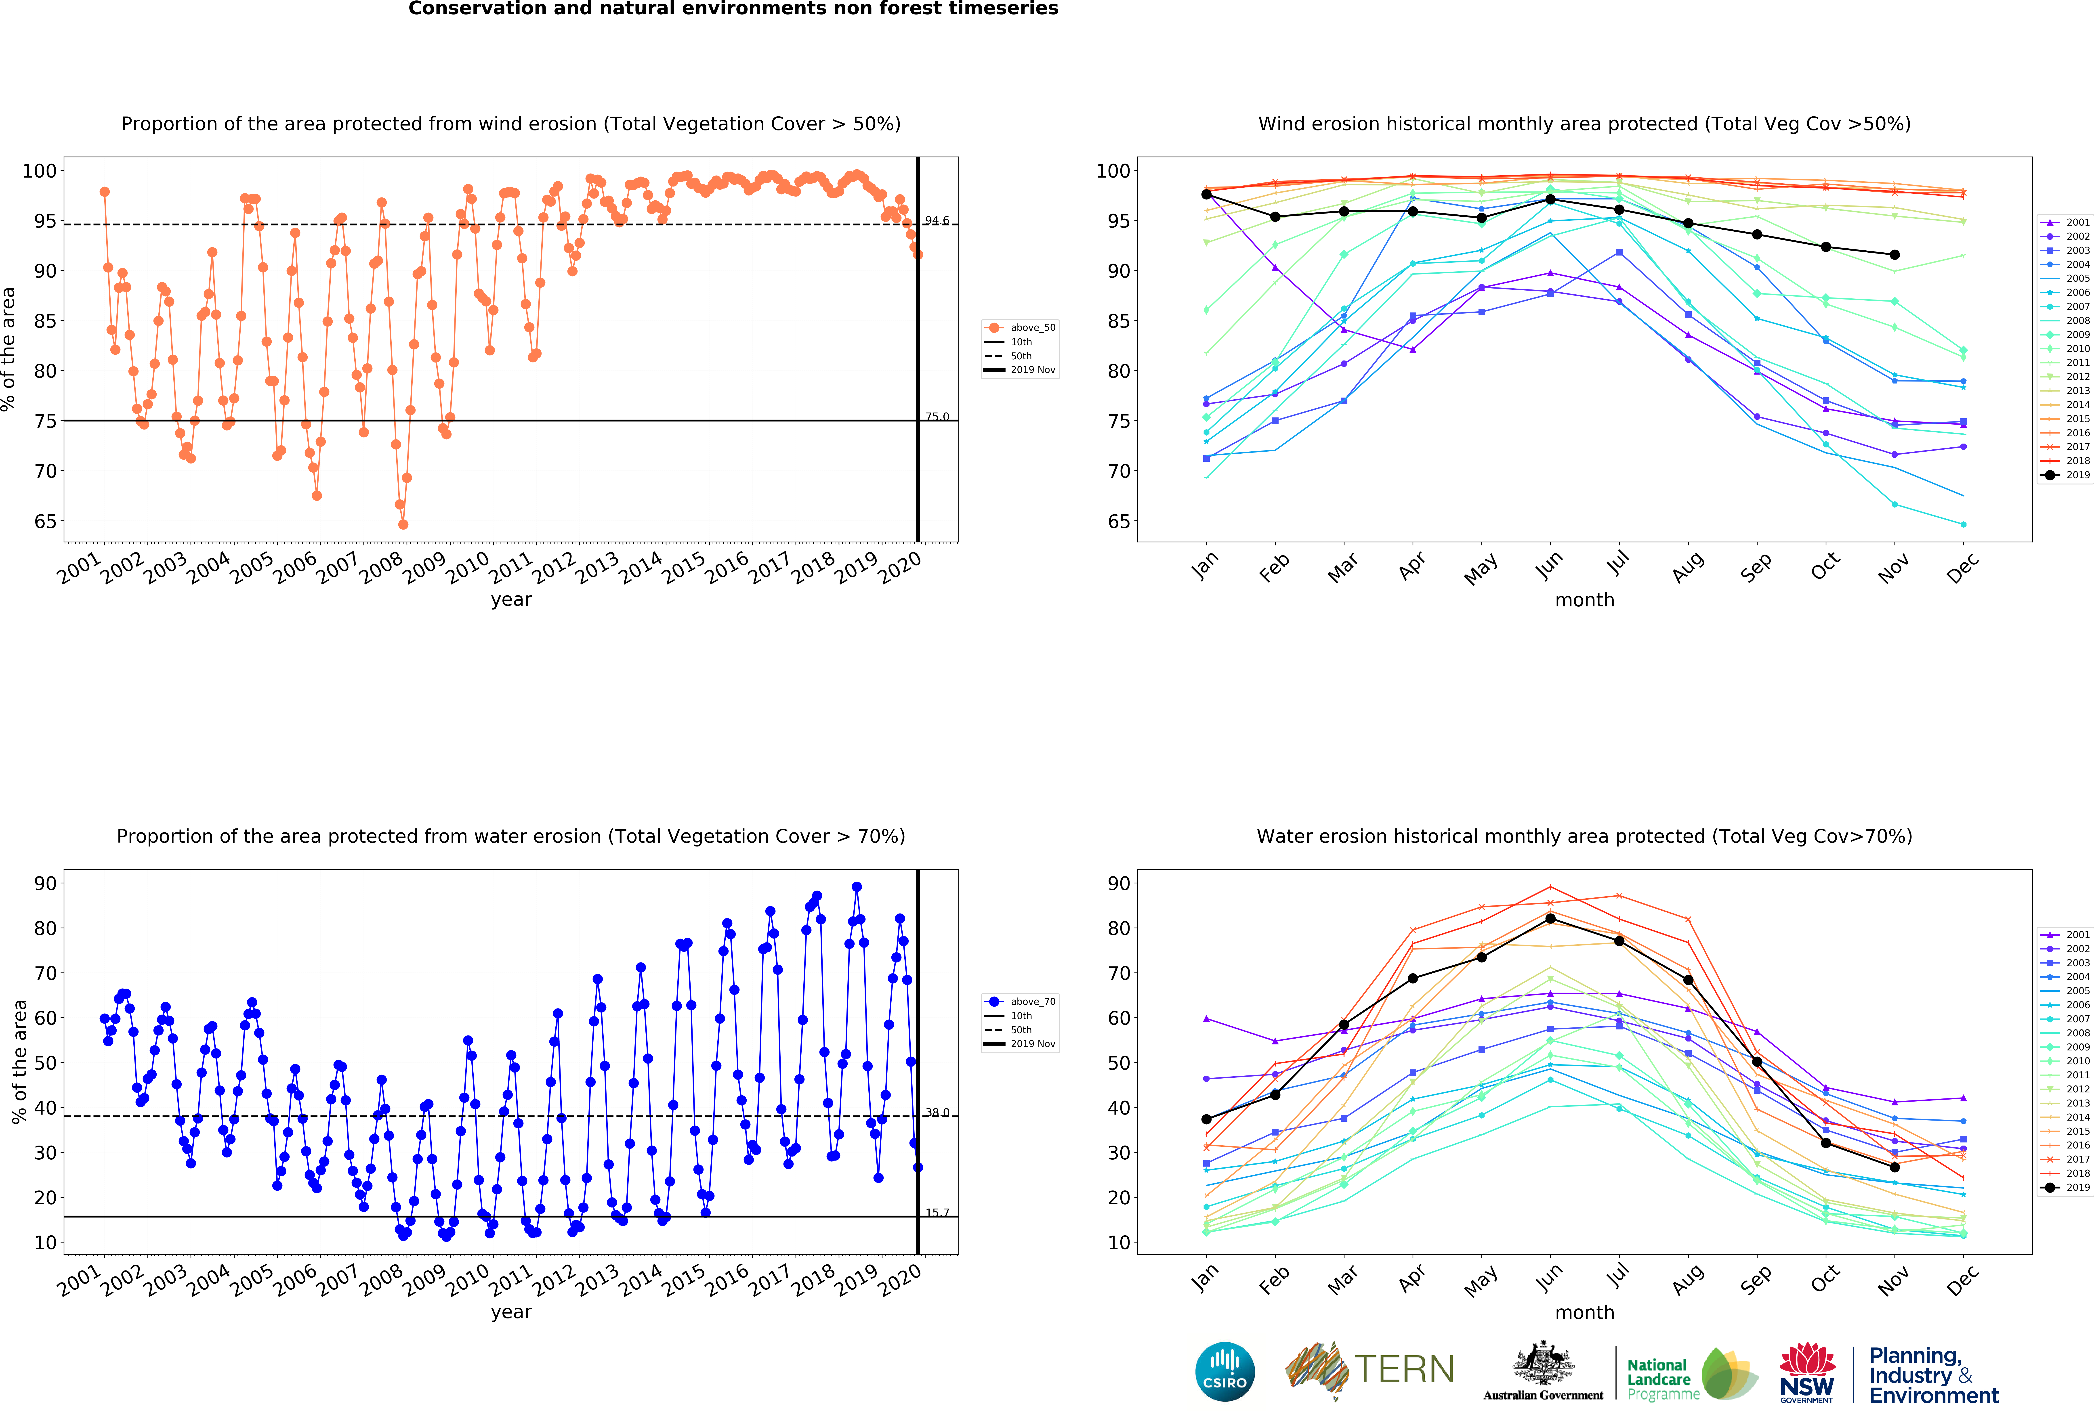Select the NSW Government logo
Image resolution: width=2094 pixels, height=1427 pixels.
tap(1806, 1372)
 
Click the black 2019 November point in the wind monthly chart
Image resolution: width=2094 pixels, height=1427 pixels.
tap(1894, 255)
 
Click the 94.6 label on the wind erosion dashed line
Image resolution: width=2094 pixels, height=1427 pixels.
tap(937, 221)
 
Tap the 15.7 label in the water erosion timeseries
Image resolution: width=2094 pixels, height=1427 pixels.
tap(937, 1213)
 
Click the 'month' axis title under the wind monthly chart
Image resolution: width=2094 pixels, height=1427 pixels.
tap(1584, 600)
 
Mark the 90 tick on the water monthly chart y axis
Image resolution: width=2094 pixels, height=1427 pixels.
tap(1119, 884)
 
